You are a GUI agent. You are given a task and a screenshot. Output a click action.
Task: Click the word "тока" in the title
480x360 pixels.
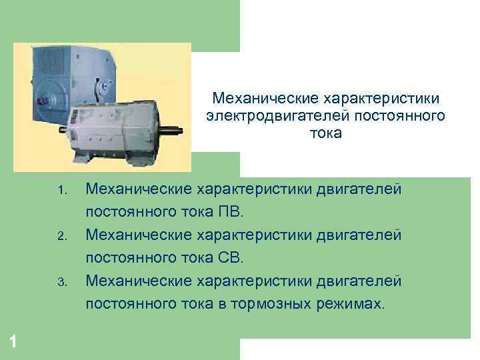(325, 134)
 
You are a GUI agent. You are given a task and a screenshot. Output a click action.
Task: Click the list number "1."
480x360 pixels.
(62, 193)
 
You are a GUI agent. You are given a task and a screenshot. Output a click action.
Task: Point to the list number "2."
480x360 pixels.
(62, 237)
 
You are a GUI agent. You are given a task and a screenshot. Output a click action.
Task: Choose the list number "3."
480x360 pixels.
(62, 282)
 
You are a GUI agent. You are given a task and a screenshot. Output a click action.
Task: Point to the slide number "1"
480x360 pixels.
(14, 342)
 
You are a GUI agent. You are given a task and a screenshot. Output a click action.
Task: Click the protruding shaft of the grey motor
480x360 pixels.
(173, 129)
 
